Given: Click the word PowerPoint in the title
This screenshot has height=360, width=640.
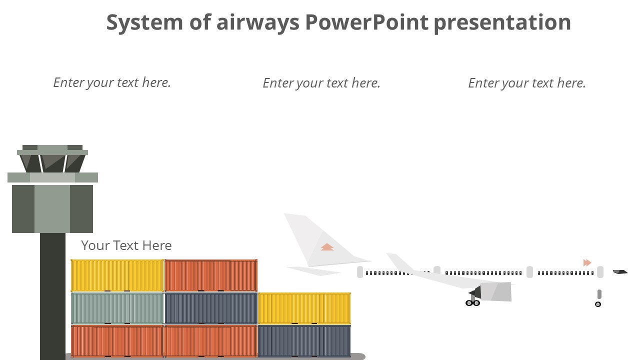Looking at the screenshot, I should tap(367, 22).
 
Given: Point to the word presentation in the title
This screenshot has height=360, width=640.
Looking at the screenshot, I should tap(502, 22).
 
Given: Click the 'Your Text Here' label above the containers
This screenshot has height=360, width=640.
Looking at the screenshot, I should tap(126, 245).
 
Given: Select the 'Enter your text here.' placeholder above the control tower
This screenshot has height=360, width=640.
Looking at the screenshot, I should tap(112, 82).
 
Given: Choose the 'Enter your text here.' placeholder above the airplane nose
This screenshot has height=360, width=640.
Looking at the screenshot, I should tap(526, 83).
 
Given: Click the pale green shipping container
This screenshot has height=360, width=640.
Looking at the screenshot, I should tap(117, 308).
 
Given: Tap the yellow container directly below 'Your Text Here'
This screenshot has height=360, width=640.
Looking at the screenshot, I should tap(117, 275).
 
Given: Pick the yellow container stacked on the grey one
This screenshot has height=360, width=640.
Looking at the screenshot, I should tap(304, 308).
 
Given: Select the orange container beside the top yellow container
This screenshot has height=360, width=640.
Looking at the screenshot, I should tap(210, 275).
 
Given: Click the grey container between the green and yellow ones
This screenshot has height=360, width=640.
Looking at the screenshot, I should tap(210, 308).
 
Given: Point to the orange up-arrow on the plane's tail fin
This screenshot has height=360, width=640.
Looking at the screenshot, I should tap(327, 247).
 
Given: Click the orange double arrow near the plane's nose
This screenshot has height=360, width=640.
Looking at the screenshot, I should tap(587, 262).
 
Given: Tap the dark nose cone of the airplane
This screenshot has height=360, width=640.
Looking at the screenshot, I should tap(620, 272).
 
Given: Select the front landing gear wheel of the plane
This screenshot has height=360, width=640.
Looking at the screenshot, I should tap(597, 304).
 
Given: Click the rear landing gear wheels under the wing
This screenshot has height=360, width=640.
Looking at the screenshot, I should tap(472, 303).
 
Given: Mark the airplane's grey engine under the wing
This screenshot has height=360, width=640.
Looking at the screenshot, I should tap(495, 292).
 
